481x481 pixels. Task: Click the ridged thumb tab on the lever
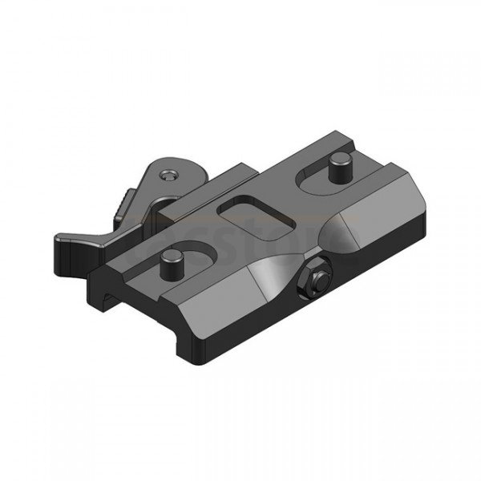[x=120, y=209]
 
